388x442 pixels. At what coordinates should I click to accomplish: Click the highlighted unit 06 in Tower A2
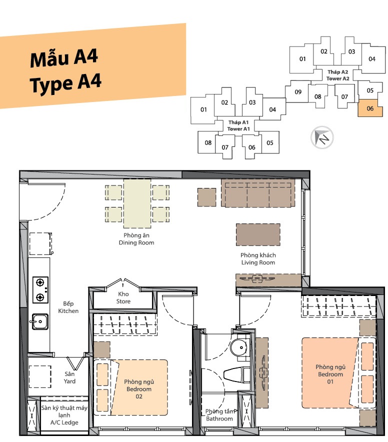pyautogui.click(x=370, y=108)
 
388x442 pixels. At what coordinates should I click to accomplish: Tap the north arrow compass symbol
pyautogui.click(x=322, y=137)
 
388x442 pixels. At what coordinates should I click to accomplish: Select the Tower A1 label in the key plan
pyautogui.click(x=238, y=125)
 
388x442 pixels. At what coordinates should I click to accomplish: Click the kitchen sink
pyautogui.click(x=40, y=321)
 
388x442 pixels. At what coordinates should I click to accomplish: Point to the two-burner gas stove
pyautogui.click(x=40, y=290)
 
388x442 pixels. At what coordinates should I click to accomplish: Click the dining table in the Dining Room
pyautogui.click(x=137, y=203)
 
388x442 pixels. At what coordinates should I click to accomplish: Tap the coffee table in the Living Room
pyautogui.click(x=258, y=234)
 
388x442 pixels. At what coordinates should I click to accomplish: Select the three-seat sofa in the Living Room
pyautogui.click(x=258, y=193)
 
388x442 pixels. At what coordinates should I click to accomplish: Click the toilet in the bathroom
pyautogui.click(x=237, y=374)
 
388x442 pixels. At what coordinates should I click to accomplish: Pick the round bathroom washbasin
pyautogui.click(x=239, y=347)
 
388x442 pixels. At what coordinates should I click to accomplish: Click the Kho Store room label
pyautogui.click(x=123, y=297)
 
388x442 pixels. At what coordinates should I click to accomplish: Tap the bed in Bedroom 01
pyautogui.click(x=338, y=373)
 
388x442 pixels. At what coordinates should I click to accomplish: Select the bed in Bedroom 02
pyautogui.click(x=130, y=387)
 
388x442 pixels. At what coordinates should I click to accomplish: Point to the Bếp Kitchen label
pyautogui.click(x=68, y=307)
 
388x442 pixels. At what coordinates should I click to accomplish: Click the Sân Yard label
pyautogui.click(x=69, y=377)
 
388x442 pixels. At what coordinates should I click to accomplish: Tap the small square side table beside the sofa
pyautogui.click(x=206, y=197)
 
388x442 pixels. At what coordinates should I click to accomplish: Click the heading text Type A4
pyautogui.click(x=65, y=83)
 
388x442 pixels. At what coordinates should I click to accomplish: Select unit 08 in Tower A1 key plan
pyautogui.click(x=208, y=142)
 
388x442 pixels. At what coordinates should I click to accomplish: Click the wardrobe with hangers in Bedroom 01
pyautogui.click(x=339, y=306)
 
